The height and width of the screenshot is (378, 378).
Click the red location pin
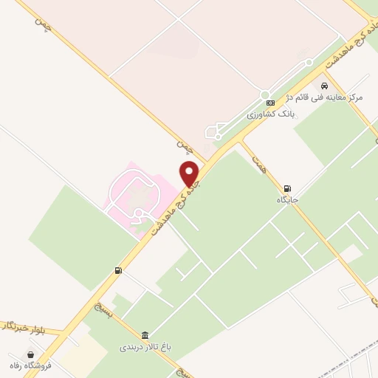point(190,173)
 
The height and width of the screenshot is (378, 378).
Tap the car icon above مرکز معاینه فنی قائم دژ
point(323,86)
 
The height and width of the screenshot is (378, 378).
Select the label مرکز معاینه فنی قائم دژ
point(336,97)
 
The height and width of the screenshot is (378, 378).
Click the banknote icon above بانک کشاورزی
point(270,103)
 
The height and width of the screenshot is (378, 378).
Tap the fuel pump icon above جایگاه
point(286,188)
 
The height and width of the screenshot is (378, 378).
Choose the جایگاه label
point(287,199)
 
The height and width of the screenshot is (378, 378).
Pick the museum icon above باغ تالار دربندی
point(145,334)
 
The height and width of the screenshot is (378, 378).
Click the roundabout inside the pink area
point(138,213)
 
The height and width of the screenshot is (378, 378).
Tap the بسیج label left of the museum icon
point(103,309)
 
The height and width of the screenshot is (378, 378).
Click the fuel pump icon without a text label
point(118,271)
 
